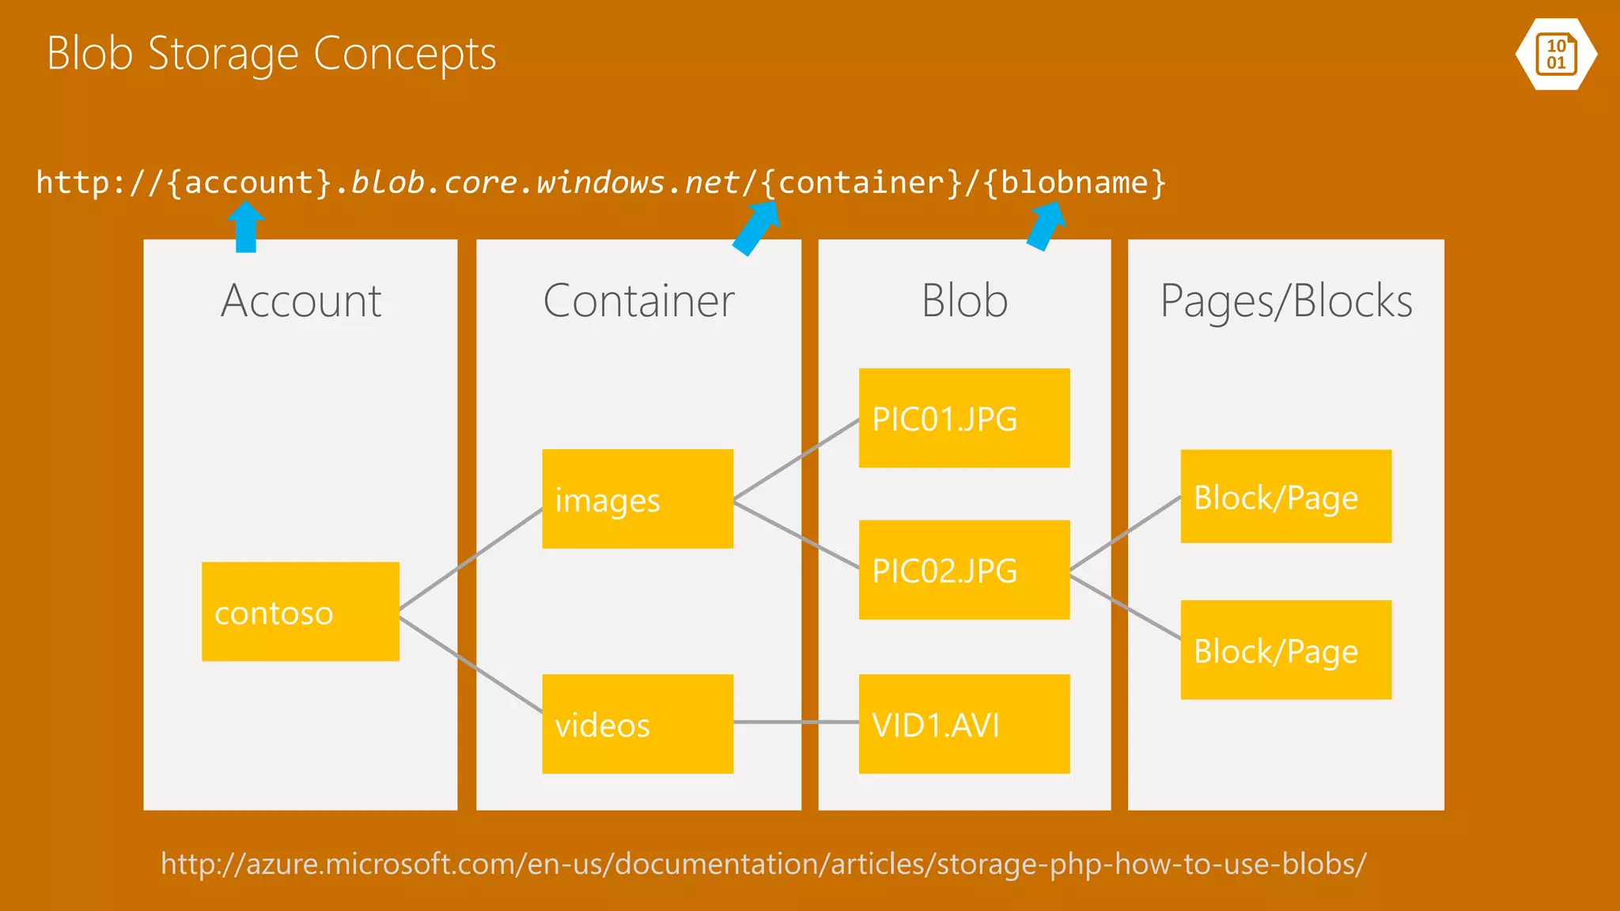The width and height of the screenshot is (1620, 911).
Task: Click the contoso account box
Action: pyautogui.click(x=300, y=611)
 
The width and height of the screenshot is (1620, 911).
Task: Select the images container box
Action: pyautogui.click(x=638, y=499)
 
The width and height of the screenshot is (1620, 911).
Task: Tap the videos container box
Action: pyautogui.click(x=638, y=724)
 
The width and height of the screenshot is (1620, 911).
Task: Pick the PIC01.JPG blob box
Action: pyautogui.click(x=964, y=418)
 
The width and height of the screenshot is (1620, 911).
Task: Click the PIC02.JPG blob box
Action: pyautogui.click(x=964, y=569)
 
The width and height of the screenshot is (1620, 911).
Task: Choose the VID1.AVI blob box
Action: pyautogui.click(x=964, y=724)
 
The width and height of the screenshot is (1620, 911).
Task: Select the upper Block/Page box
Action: pyautogui.click(x=1285, y=497)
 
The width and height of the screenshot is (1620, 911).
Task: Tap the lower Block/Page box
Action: pyautogui.click(x=1285, y=650)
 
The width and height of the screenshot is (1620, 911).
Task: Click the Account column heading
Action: pyautogui.click(x=301, y=301)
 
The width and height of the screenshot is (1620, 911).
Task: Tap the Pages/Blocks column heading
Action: pyautogui.click(x=1285, y=301)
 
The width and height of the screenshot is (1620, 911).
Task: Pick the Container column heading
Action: pyautogui.click(x=638, y=301)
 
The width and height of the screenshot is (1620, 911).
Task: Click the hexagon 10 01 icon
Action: pyautogui.click(x=1556, y=54)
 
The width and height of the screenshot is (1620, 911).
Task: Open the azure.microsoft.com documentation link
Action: pyautogui.click(x=763, y=864)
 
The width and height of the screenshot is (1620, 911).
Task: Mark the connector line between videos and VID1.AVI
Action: pyautogui.click(x=796, y=722)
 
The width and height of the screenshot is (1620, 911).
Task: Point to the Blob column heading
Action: pyautogui.click(x=964, y=301)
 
